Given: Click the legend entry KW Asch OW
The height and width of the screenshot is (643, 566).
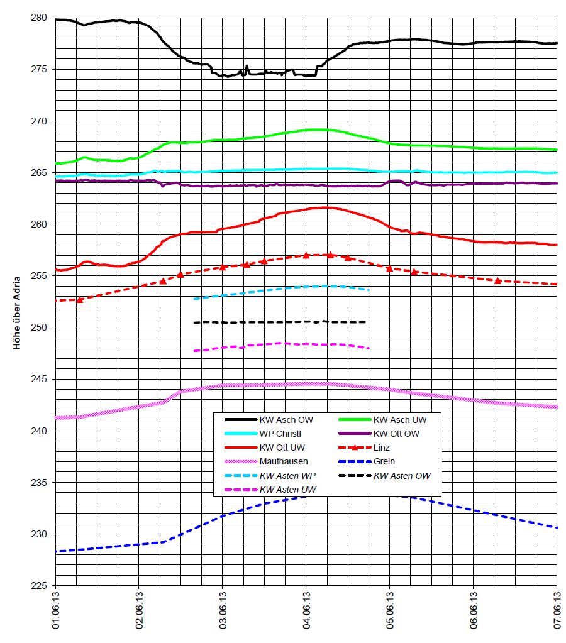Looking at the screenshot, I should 286,419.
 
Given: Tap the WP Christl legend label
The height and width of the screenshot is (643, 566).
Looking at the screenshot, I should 281,434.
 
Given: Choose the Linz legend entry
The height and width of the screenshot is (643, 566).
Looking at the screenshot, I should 382,448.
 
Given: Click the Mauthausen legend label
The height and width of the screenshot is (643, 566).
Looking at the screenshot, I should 283,461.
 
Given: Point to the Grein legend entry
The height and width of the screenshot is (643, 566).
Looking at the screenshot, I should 384,461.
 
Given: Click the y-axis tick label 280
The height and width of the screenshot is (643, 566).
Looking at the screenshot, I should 39,18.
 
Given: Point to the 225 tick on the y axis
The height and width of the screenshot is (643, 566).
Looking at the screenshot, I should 39,586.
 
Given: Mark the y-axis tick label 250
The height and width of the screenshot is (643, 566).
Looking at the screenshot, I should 39,327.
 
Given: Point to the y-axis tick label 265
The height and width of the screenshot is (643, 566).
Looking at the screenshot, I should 39,173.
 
